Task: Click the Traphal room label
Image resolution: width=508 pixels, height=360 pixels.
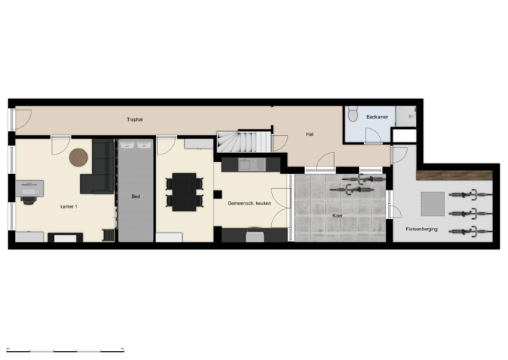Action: pyautogui.click(x=135, y=118)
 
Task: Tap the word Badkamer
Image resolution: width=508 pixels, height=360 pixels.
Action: pyautogui.click(x=377, y=117)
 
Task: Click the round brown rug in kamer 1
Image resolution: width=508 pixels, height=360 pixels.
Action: pyautogui.click(x=79, y=157)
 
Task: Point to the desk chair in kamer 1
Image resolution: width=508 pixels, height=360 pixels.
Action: pyautogui.click(x=28, y=197)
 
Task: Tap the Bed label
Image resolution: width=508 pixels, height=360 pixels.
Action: pyautogui.click(x=136, y=196)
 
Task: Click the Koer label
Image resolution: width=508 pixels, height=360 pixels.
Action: pyautogui.click(x=338, y=216)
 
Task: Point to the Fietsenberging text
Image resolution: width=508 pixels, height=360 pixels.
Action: pyautogui.click(x=421, y=229)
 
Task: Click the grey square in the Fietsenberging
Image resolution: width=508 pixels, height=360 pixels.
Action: pyautogui.click(x=432, y=203)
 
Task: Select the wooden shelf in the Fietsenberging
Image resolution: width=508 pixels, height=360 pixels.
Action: pyautogui.click(x=454, y=175)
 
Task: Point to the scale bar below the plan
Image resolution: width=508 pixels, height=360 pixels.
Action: pyautogui.click(x=65, y=349)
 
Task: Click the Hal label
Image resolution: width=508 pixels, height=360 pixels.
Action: pyautogui.click(x=310, y=134)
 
